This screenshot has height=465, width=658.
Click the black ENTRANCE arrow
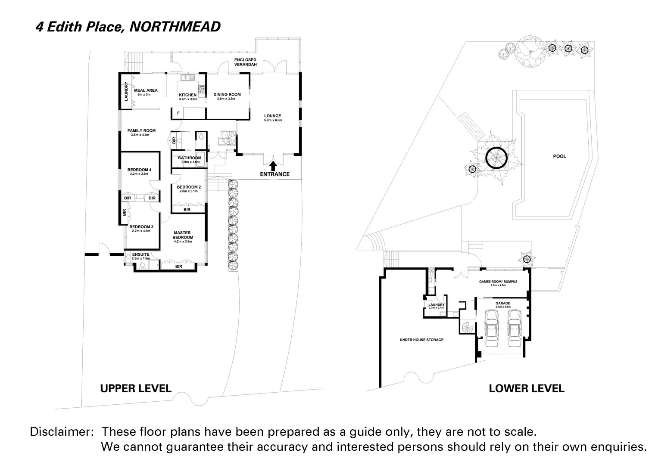pos(272,165)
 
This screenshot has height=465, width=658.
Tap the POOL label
pos(559,156)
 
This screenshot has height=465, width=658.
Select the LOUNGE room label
pos(272,116)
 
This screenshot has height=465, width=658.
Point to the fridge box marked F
pos(178,113)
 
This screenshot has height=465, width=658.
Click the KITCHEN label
pos(187,95)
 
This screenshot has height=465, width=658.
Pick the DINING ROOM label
pos(227,95)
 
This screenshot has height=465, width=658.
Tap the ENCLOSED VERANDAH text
pos(245,62)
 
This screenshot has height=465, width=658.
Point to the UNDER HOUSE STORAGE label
pos(421,340)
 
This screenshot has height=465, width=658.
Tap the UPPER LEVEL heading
pos(136,388)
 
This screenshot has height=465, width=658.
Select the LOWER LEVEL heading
pos(526,388)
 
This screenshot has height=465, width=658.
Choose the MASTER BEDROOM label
pos(183,235)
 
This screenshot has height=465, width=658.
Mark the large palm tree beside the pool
pos(496,158)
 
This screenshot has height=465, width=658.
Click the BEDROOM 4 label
pos(139,170)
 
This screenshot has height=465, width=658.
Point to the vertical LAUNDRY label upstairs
pos(126,91)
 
